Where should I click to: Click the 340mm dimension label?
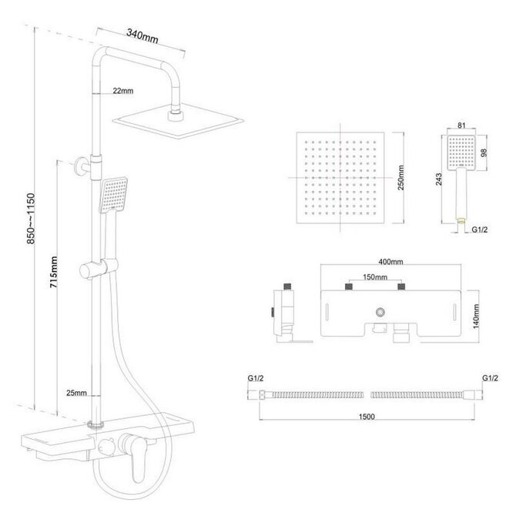click(x=142, y=36)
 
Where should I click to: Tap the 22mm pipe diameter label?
click(x=123, y=91)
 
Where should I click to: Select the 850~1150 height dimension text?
click(x=31, y=219)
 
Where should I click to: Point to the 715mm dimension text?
click(x=54, y=272)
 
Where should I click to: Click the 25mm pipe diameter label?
click(x=77, y=393)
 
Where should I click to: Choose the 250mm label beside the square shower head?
click(x=401, y=178)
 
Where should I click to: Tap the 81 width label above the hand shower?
click(x=461, y=126)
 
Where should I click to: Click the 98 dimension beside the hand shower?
click(x=484, y=152)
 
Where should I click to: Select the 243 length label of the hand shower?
click(x=439, y=179)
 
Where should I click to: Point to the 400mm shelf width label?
click(x=390, y=262)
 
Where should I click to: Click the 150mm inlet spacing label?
click(x=375, y=277)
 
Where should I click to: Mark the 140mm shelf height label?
click(x=476, y=317)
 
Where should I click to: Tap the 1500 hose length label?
click(x=367, y=417)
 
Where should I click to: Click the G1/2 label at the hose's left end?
click(x=256, y=378)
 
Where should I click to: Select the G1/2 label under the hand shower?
click(x=480, y=230)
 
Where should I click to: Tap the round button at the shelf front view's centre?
click(x=380, y=312)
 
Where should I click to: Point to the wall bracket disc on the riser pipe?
click(x=79, y=166)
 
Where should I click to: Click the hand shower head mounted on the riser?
click(x=113, y=195)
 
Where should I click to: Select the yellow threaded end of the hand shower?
click(x=461, y=220)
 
